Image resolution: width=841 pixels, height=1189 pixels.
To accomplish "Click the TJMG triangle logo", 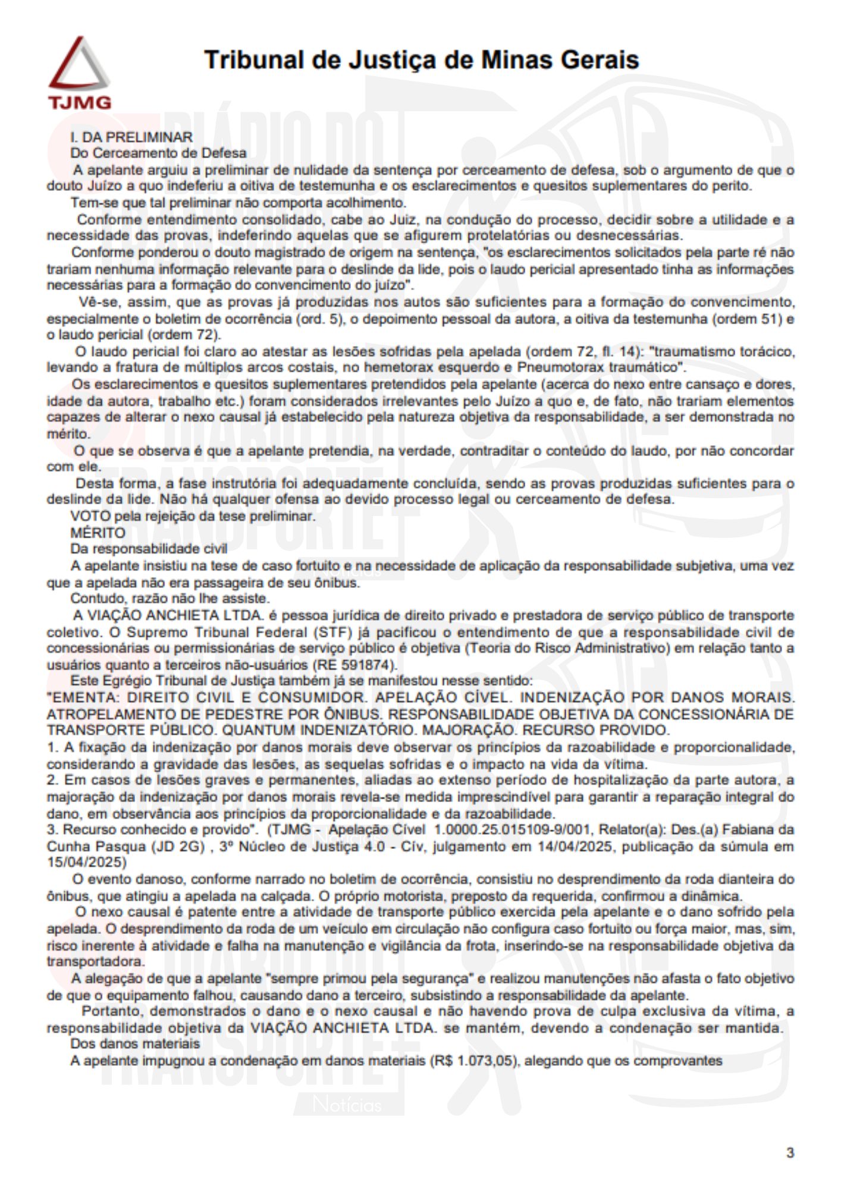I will click(79, 72).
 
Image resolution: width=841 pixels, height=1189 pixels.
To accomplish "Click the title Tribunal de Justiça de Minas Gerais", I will click(421, 60).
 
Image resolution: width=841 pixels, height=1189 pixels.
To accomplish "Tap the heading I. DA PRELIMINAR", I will click(131, 137).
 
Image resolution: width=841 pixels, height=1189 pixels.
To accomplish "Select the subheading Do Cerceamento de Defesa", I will click(158, 153).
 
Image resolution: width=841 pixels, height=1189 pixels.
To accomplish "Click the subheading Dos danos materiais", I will click(135, 1043).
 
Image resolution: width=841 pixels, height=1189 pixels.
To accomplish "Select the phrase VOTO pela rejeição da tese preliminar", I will click(192, 516).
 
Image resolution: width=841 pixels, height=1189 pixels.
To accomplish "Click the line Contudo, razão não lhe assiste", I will click(170, 598).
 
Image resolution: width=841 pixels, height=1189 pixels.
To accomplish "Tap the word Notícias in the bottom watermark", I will click(347, 1105).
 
